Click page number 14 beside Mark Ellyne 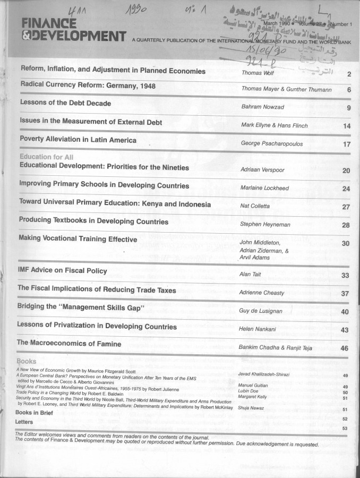347,126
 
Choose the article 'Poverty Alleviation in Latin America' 78,140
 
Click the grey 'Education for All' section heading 46,157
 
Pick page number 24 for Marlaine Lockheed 346,189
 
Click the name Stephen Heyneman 265,225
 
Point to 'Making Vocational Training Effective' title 78,239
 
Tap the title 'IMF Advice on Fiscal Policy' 63,270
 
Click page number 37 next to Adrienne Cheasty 345,293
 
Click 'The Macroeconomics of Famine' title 69,344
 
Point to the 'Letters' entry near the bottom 25,421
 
